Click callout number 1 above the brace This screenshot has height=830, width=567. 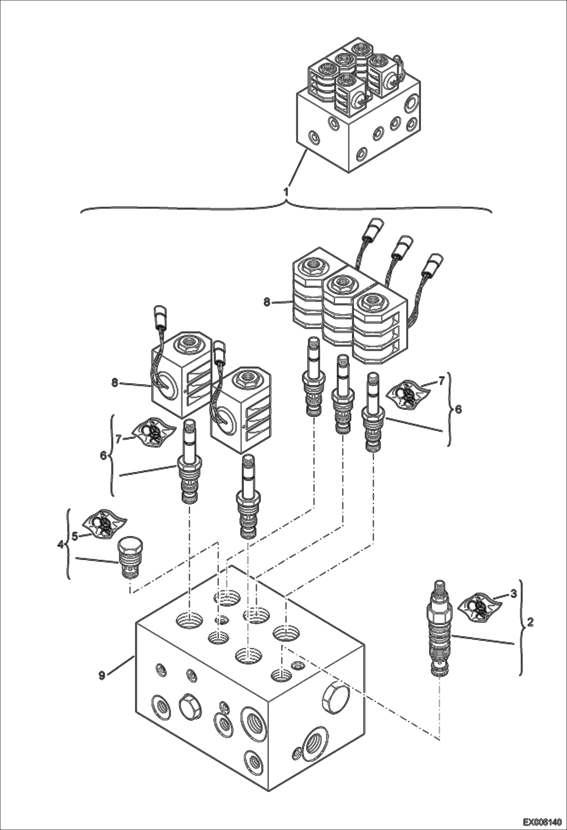pyautogui.click(x=287, y=191)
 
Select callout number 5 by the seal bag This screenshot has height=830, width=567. pyautogui.click(x=75, y=536)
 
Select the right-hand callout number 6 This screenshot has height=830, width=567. pyautogui.click(x=458, y=409)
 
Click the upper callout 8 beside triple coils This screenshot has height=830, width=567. pyautogui.click(x=267, y=303)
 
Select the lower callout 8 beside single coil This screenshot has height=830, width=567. pyautogui.click(x=114, y=383)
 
